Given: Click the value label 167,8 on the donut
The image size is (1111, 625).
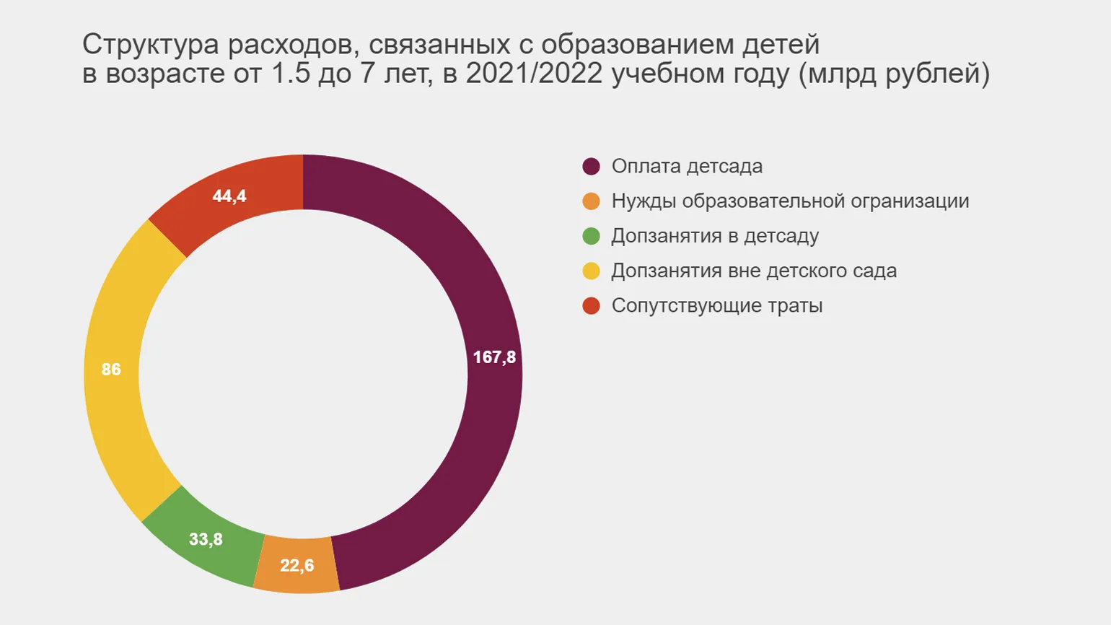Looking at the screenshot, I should pos(494,357).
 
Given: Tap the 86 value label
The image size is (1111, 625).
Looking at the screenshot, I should pos(111,370).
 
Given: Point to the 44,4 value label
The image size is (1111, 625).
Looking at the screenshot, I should pos(229,196).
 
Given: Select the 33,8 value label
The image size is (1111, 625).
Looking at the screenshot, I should pos(206,539).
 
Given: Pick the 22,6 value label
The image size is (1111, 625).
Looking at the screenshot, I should pos(297,565).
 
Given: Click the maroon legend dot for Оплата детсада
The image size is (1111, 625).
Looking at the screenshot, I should pos(591,167).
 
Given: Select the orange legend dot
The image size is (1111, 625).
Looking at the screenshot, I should pos(591,201).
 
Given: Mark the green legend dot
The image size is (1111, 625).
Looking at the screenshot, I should pos(591,236).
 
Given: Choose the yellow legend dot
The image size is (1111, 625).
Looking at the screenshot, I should pos(591,271).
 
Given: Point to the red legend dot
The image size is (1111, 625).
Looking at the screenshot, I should pos(591,305).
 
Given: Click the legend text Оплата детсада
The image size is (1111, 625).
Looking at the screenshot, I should pos(687,167).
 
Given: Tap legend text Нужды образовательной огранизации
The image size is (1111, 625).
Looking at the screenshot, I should pos(790,201).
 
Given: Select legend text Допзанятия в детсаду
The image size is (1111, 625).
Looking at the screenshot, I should pos(715,236).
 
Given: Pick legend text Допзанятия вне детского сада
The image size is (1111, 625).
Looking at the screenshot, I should pos(754,271).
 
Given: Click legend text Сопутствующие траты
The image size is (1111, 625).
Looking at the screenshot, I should pos(717,305).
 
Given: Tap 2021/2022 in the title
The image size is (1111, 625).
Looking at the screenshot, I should pos(534,74).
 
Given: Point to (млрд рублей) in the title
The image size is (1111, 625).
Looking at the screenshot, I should pos(894,74).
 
